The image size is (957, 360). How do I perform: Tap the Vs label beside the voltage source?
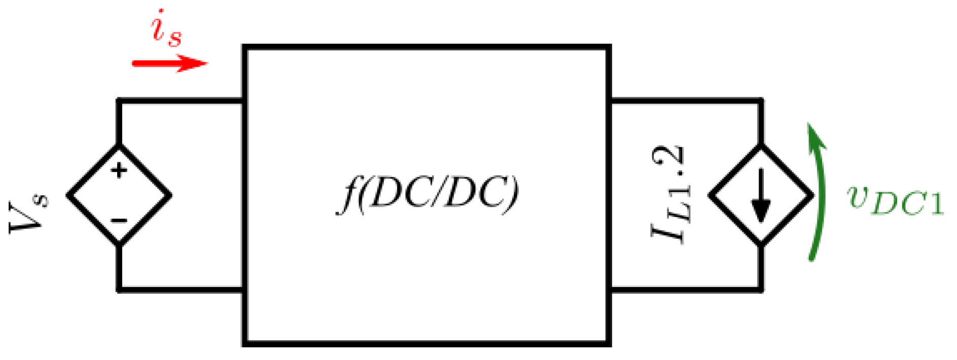tap(29, 213)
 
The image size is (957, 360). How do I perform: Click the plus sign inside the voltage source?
tap(119, 170)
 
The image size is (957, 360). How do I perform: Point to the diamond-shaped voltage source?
tap(119, 195)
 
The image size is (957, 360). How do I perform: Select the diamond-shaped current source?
tap(761, 195)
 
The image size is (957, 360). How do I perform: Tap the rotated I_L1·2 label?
tap(668, 195)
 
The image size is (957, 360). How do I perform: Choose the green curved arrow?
tap(819, 193)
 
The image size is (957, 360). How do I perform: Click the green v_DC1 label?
tap(895, 200)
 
